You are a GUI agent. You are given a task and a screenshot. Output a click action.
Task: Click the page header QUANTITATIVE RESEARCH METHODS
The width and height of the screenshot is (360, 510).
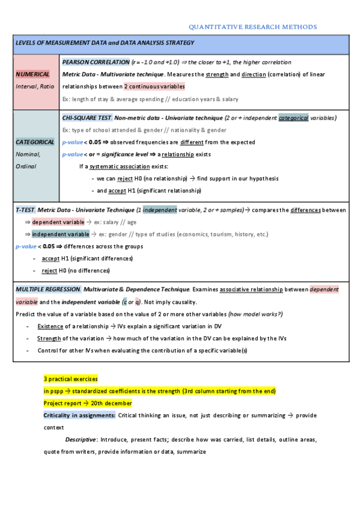pyautogui.click(x=252, y=27)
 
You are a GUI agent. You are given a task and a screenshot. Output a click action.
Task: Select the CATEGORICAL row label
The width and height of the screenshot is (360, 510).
pyautogui.click(x=35, y=142)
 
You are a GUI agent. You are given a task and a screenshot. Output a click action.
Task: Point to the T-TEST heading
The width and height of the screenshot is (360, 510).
pyautogui.click(x=25, y=210)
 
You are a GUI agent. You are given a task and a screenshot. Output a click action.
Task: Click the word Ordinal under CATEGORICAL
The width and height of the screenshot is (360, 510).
pyautogui.click(x=27, y=166)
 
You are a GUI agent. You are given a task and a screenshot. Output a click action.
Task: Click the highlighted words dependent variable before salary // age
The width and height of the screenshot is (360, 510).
pyautogui.click(x=58, y=222)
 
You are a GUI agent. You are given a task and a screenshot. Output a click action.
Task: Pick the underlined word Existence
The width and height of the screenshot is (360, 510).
pyautogui.click(x=50, y=326)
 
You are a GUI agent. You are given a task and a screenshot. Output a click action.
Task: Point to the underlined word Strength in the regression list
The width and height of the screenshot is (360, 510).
pyautogui.click(x=49, y=339)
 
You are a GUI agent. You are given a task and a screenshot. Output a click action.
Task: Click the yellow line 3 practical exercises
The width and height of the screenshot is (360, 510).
pyautogui.click(x=71, y=379)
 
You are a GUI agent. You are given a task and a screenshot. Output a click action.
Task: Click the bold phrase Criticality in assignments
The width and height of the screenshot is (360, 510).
pyautogui.click(x=79, y=416)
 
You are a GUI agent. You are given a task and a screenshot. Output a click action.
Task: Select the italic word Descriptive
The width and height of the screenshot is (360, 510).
pyautogui.click(x=82, y=440)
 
